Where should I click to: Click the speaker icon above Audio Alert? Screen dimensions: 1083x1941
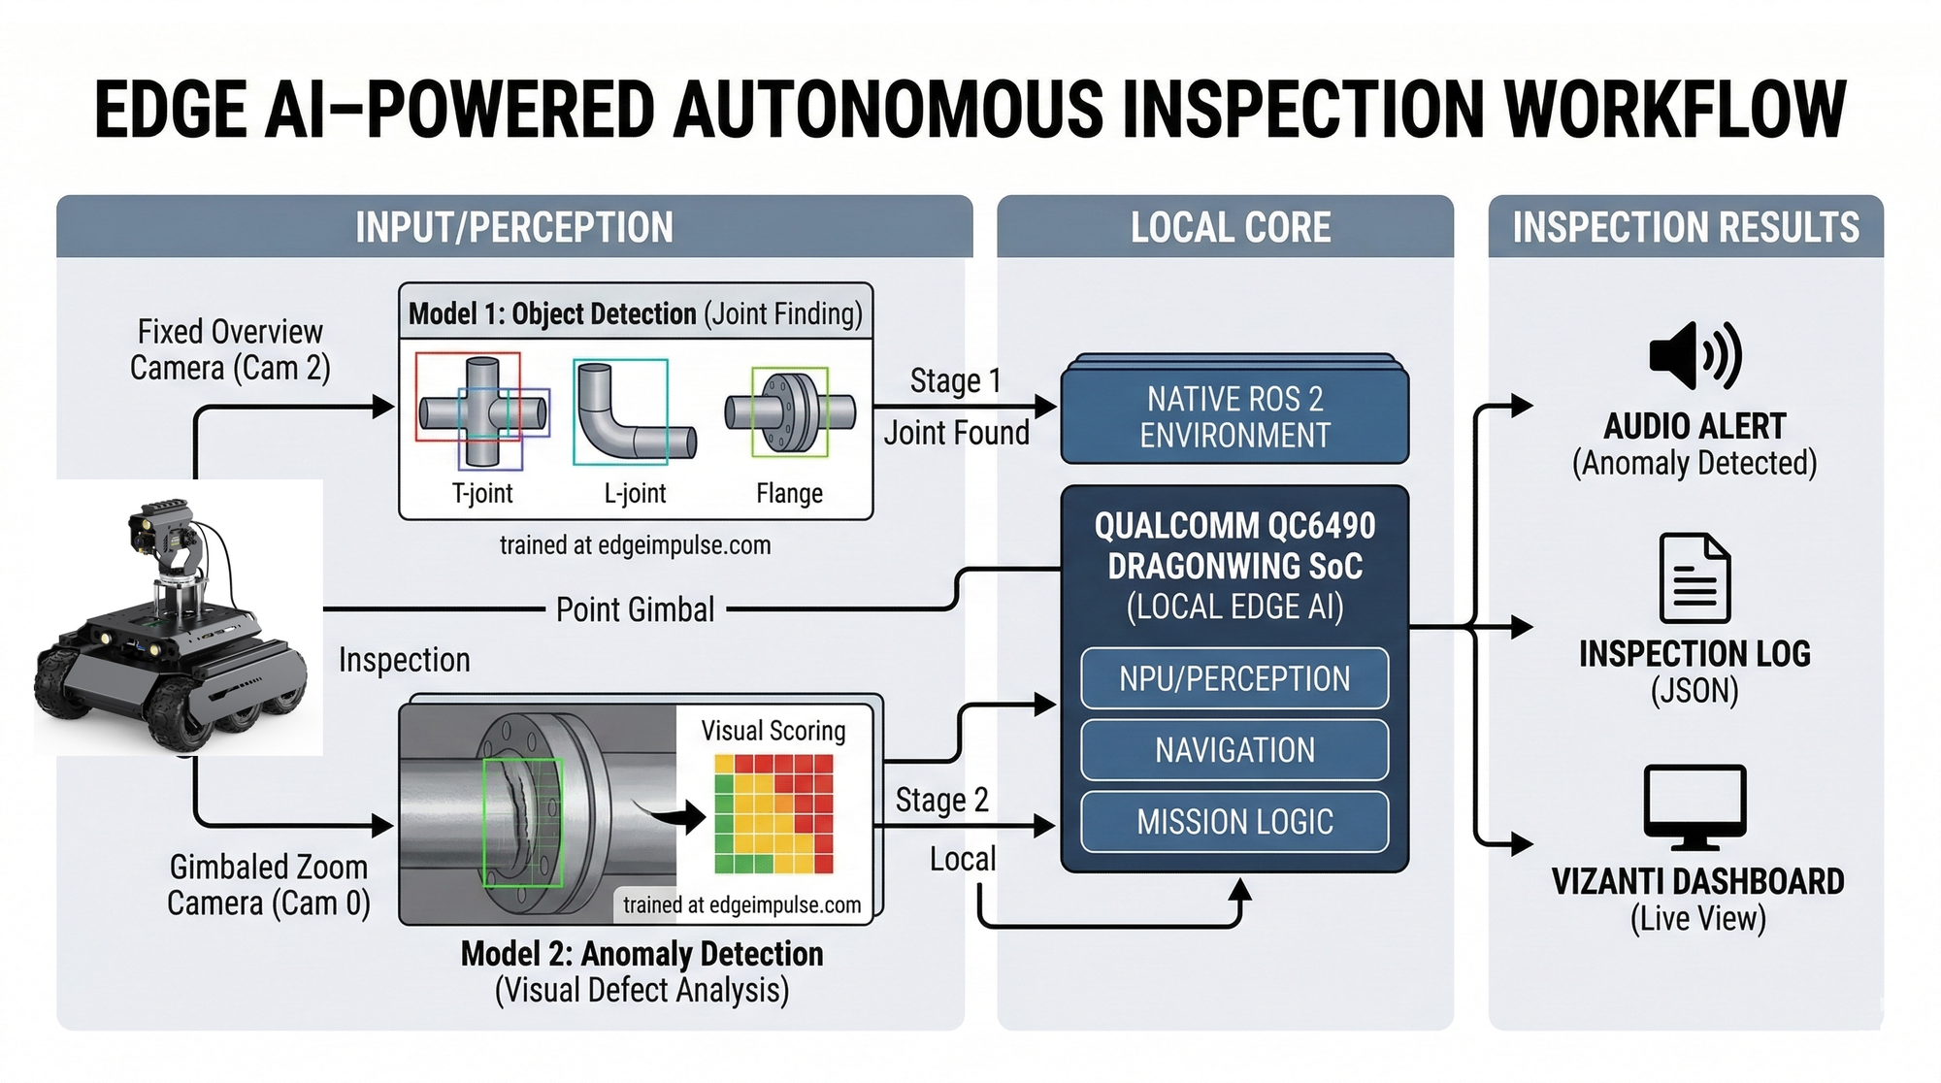click(1694, 356)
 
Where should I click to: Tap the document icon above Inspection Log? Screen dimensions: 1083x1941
click(1694, 578)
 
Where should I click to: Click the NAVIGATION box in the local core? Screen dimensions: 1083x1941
click(1234, 750)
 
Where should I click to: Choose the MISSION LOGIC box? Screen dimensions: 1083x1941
click(1234, 822)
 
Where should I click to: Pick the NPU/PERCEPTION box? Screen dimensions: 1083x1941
click(1234, 678)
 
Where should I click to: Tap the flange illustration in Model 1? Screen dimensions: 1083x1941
click(790, 411)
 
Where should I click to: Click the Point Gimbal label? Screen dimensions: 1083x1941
click(635, 609)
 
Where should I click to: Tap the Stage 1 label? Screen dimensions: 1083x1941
click(955, 380)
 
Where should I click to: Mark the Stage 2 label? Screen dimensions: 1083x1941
click(941, 800)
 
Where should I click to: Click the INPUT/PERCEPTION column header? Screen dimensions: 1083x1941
click(514, 227)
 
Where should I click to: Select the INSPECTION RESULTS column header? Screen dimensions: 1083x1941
click(1686, 227)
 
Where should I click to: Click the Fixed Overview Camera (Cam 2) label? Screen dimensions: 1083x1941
click(230, 350)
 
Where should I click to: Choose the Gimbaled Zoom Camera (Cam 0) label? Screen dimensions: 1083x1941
click(269, 885)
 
